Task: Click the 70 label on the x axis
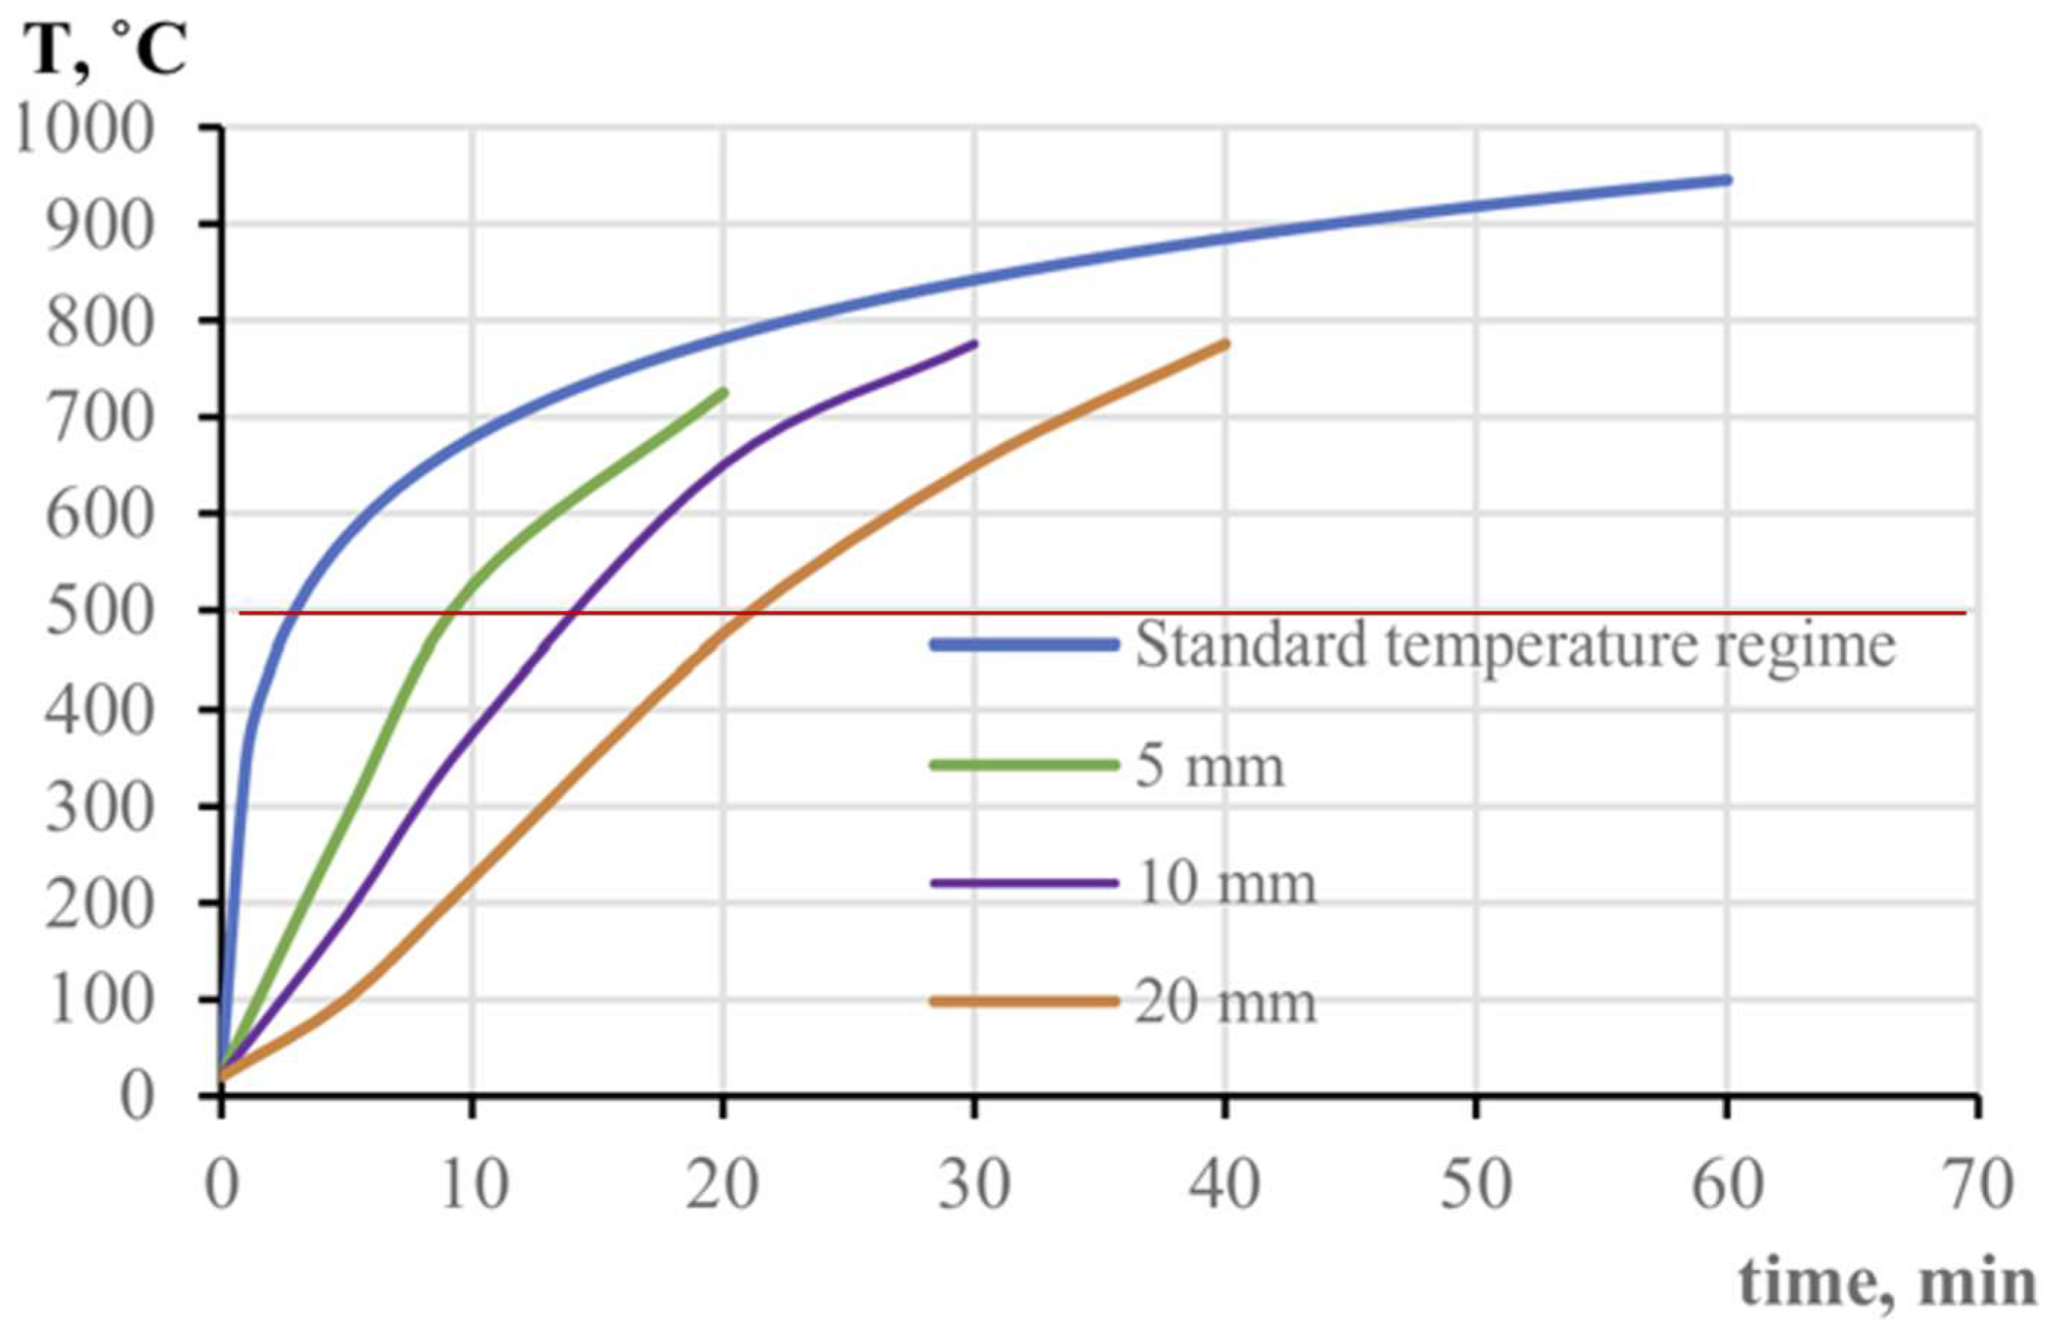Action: (1978, 1185)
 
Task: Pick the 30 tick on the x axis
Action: (974, 1185)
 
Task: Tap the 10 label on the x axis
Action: (472, 1185)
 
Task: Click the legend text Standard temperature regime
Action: (1514, 645)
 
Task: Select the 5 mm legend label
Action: (1209, 765)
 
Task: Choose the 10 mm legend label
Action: (1225, 883)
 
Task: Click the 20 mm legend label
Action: (1225, 1002)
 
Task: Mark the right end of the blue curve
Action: (1727, 180)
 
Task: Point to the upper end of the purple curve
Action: (974, 344)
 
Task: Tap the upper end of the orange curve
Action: (1225, 344)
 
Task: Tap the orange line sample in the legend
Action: (1023, 1002)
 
